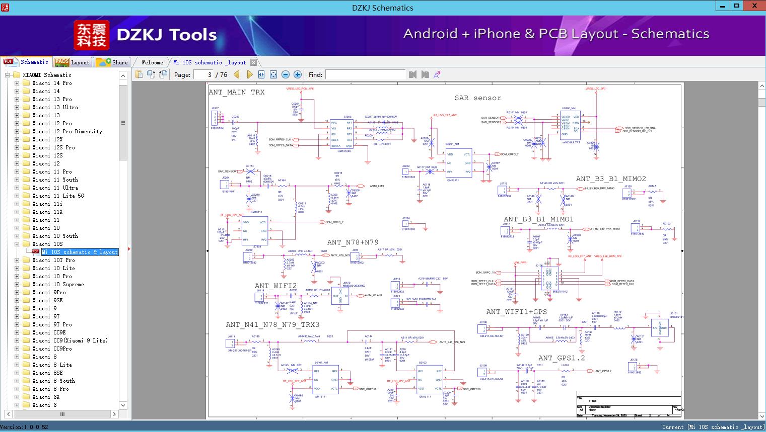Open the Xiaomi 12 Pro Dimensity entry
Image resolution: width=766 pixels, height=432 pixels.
67,131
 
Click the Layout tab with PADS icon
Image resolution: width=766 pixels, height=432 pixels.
72,62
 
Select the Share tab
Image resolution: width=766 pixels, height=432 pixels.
112,62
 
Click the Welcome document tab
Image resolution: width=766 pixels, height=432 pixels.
152,62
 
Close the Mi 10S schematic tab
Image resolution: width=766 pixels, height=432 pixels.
254,63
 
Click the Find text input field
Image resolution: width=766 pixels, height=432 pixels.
365,74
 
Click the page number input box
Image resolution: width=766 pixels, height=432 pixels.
204,74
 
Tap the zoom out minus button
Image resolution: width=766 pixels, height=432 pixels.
286,74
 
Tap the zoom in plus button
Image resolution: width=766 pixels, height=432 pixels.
298,74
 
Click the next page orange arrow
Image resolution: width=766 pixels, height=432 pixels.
249,74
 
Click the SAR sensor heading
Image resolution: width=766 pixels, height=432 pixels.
477,98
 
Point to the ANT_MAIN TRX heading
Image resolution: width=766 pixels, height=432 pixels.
236,92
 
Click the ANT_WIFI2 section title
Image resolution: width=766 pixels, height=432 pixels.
275,286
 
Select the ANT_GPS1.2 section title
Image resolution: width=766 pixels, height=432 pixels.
562,358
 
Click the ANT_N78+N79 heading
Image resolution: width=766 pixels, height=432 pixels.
353,242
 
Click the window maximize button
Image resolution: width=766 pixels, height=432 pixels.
737,6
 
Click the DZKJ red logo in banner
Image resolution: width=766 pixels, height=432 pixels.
92,35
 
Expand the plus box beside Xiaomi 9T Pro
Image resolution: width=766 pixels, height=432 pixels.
17,324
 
